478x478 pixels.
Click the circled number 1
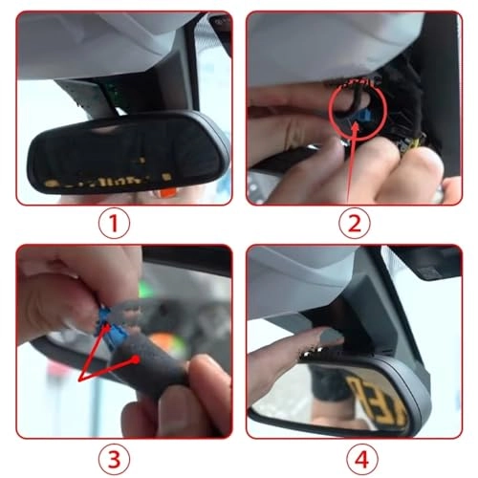tap(114, 223)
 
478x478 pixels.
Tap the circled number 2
tap(355, 223)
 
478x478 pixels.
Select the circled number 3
tap(114, 459)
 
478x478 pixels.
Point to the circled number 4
tap(362, 459)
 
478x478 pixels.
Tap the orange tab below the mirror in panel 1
tap(167, 192)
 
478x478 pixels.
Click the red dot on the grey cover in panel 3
tap(136, 359)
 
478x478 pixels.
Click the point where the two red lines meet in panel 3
tap(79, 380)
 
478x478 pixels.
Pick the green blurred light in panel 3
tap(145, 289)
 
